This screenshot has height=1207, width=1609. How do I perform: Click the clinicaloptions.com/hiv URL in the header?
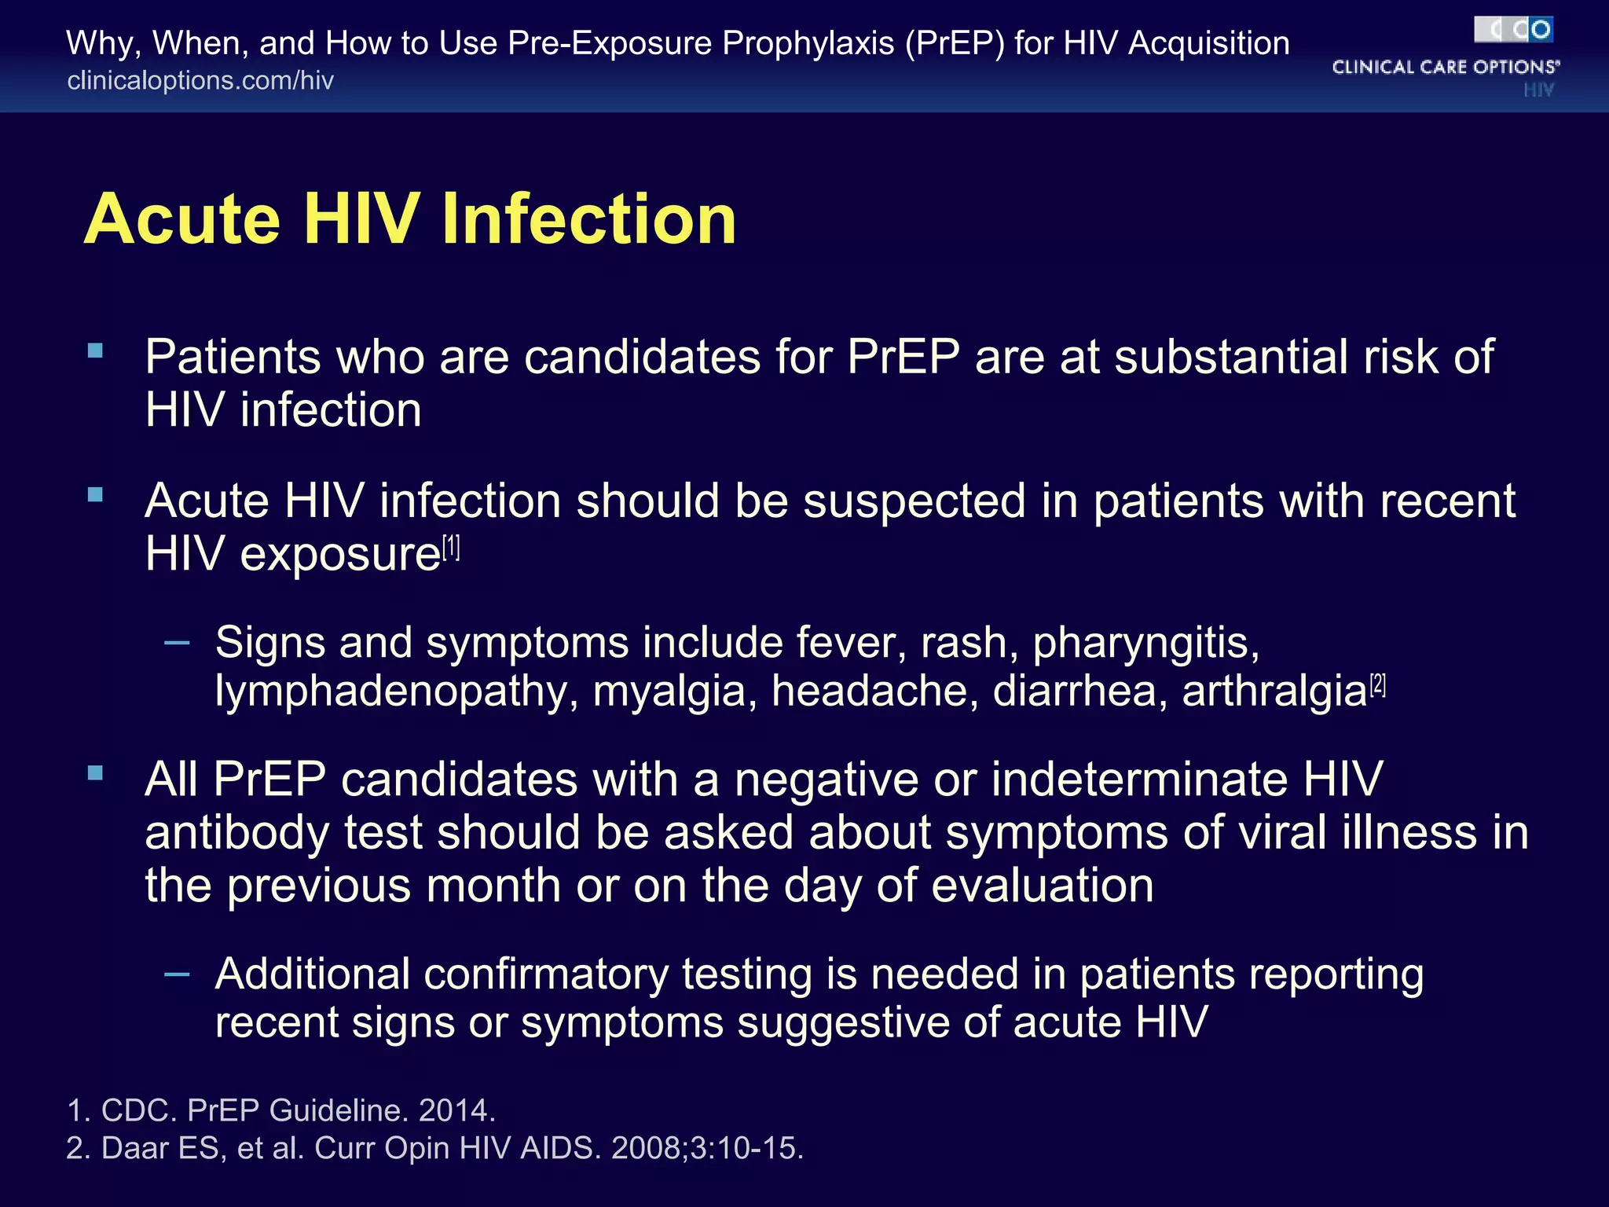200,80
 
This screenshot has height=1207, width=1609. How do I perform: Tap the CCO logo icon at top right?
1513,30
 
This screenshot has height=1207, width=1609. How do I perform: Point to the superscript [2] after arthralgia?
1378,685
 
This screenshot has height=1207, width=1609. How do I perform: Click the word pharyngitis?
1145,643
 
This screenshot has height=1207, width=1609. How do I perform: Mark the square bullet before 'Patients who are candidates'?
96,350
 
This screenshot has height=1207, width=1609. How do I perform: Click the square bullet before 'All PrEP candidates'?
96,773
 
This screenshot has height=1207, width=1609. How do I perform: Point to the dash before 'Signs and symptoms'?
178,644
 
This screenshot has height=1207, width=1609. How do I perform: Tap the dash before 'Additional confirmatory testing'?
178,975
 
